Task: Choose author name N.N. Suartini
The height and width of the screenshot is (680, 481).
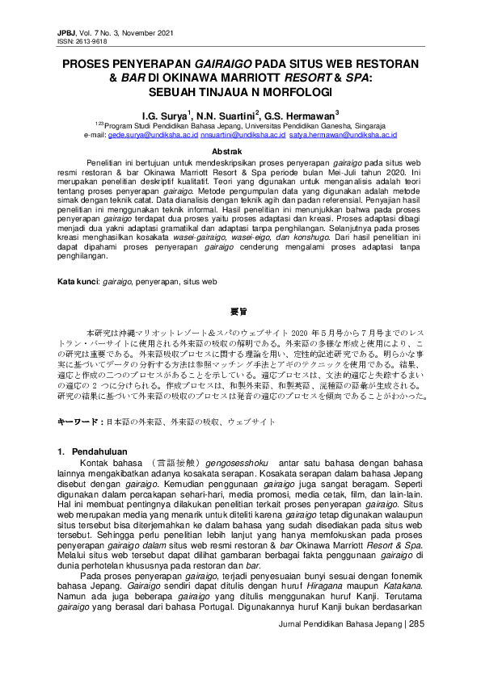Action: pyautogui.click(x=227, y=115)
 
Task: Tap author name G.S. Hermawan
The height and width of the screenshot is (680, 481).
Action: pyautogui.click(x=302, y=115)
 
